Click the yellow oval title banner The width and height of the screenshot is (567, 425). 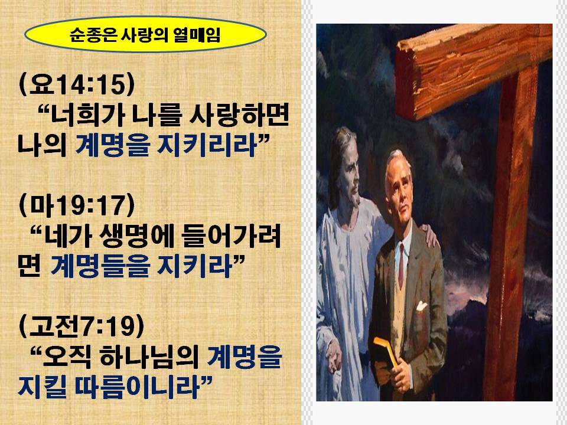(145, 35)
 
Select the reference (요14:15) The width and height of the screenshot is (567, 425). (77, 84)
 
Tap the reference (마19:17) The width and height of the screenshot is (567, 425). (77, 205)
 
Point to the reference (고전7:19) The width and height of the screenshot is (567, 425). (82, 326)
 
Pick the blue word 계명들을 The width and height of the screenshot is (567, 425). (100, 266)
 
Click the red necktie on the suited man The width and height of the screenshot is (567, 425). (401, 265)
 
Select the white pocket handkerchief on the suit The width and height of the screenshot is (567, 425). (421, 306)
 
